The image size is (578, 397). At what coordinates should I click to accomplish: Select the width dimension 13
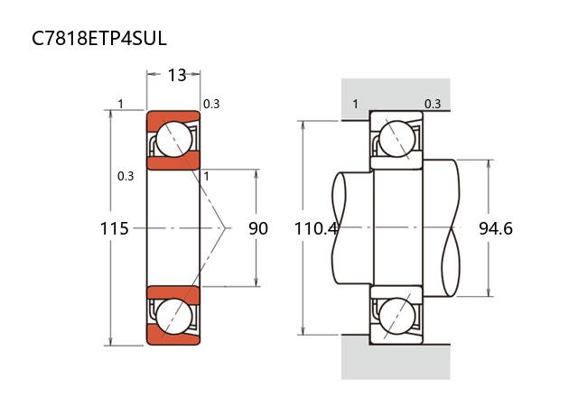pyautogui.click(x=177, y=76)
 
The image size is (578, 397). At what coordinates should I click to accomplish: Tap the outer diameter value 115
pyautogui.click(x=114, y=229)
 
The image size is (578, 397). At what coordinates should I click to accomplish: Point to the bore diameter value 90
pyautogui.click(x=258, y=229)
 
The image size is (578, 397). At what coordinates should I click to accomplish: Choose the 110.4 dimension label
pyautogui.click(x=315, y=229)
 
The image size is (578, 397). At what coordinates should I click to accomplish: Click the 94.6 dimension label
pyautogui.click(x=496, y=229)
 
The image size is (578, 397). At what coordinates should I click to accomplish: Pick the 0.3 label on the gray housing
pyautogui.click(x=433, y=104)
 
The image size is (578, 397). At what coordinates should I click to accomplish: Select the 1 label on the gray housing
pyautogui.click(x=355, y=104)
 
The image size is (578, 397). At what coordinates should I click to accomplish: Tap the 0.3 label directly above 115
pyautogui.click(x=126, y=176)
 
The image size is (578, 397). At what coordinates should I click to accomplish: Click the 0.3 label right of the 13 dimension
pyautogui.click(x=211, y=104)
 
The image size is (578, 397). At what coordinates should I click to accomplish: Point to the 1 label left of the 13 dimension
pyautogui.click(x=120, y=104)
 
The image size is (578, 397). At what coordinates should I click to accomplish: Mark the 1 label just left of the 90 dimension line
pyautogui.click(x=207, y=176)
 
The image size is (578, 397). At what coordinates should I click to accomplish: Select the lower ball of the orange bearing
pyautogui.click(x=172, y=316)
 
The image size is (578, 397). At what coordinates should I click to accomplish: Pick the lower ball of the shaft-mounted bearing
pyautogui.click(x=396, y=316)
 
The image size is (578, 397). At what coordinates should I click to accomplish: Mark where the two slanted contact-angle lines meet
pyautogui.click(x=226, y=228)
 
